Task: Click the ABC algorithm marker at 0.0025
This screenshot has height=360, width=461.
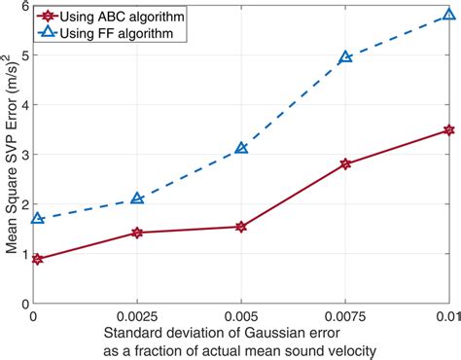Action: click(137, 233)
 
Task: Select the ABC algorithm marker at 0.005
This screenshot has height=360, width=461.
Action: click(241, 227)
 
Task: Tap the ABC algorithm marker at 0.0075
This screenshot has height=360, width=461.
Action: click(345, 163)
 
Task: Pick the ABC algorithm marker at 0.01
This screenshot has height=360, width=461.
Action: click(448, 129)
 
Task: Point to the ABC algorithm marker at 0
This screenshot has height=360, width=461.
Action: click(37, 259)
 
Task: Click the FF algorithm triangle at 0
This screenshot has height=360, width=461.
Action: click(37, 218)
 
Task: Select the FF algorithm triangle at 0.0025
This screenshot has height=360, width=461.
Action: click(137, 198)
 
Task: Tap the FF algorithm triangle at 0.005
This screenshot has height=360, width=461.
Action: click(241, 148)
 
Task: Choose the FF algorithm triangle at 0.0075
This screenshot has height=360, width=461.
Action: click(345, 57)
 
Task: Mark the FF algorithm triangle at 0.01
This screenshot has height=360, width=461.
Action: click(448, 16)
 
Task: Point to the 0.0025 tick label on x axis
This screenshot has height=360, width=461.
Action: click(137, 317)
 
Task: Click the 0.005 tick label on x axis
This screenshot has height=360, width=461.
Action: click(241, 317)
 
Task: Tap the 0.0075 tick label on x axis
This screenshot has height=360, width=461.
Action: click(345, 317)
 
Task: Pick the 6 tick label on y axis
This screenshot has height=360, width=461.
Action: click(24, 5)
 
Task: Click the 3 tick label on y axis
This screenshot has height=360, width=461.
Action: click(24, 154)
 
